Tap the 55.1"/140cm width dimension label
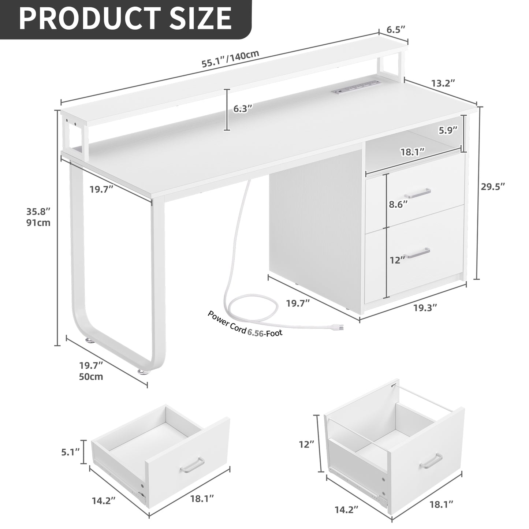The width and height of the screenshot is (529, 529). [x=230, y=59]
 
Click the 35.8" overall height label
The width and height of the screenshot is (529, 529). [x=38, y=211]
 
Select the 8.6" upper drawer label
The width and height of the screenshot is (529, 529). [x=398, y=205]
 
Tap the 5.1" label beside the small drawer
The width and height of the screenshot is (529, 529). [x=71, y=452]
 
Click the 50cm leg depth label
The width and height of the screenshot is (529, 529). [x=91, y=377]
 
